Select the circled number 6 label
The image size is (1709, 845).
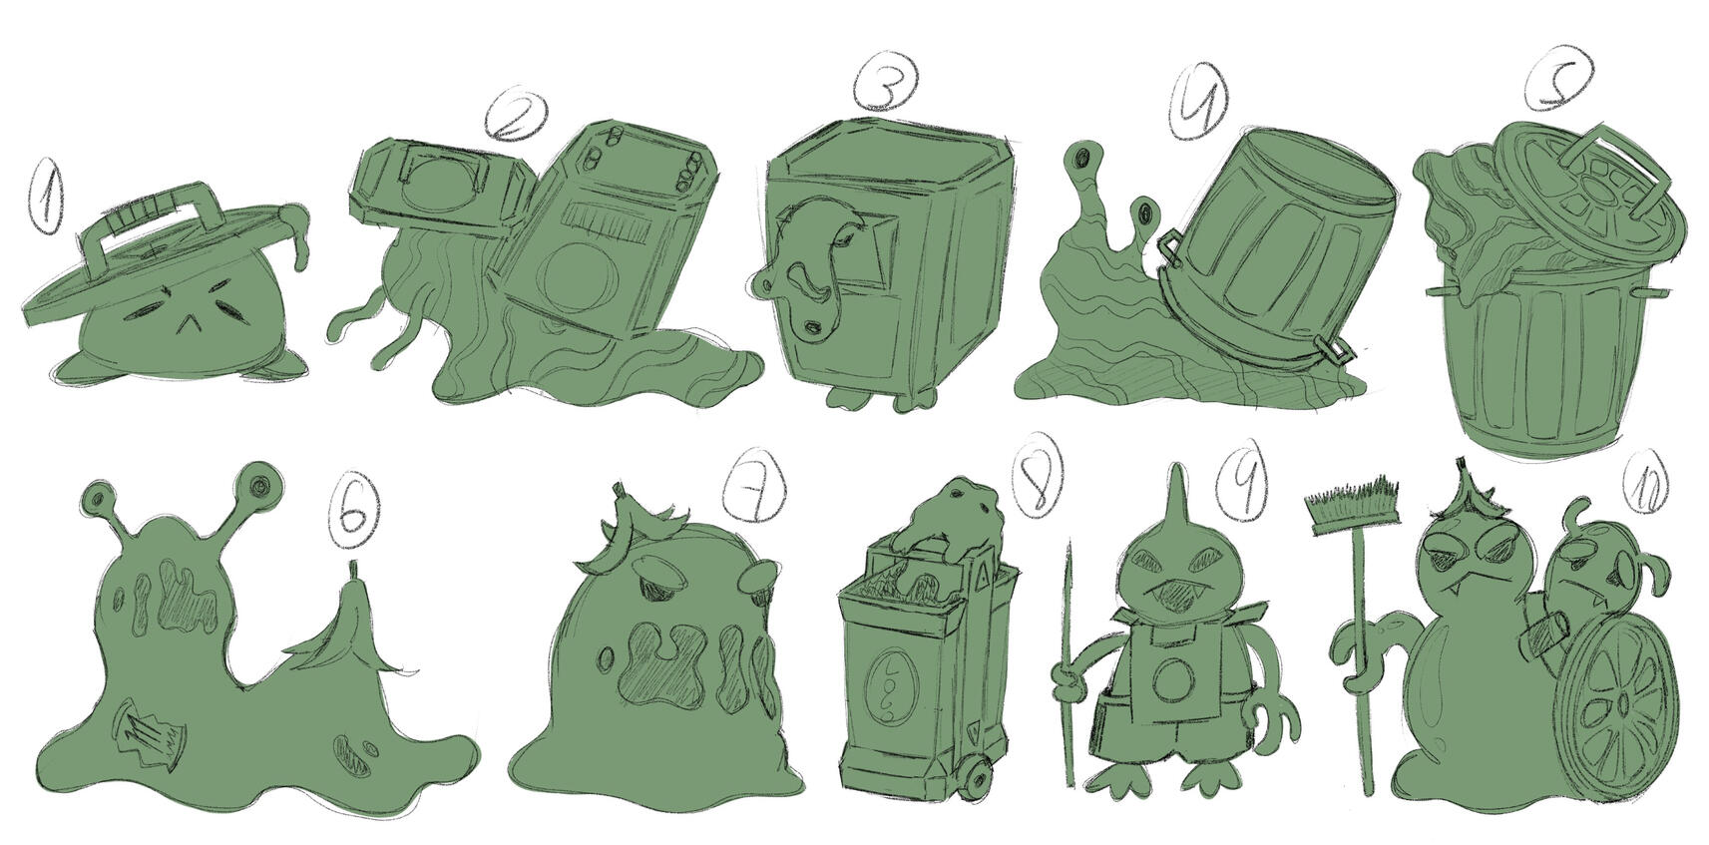coord(355,513)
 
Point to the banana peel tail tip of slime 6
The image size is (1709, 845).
coord(352,571)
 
